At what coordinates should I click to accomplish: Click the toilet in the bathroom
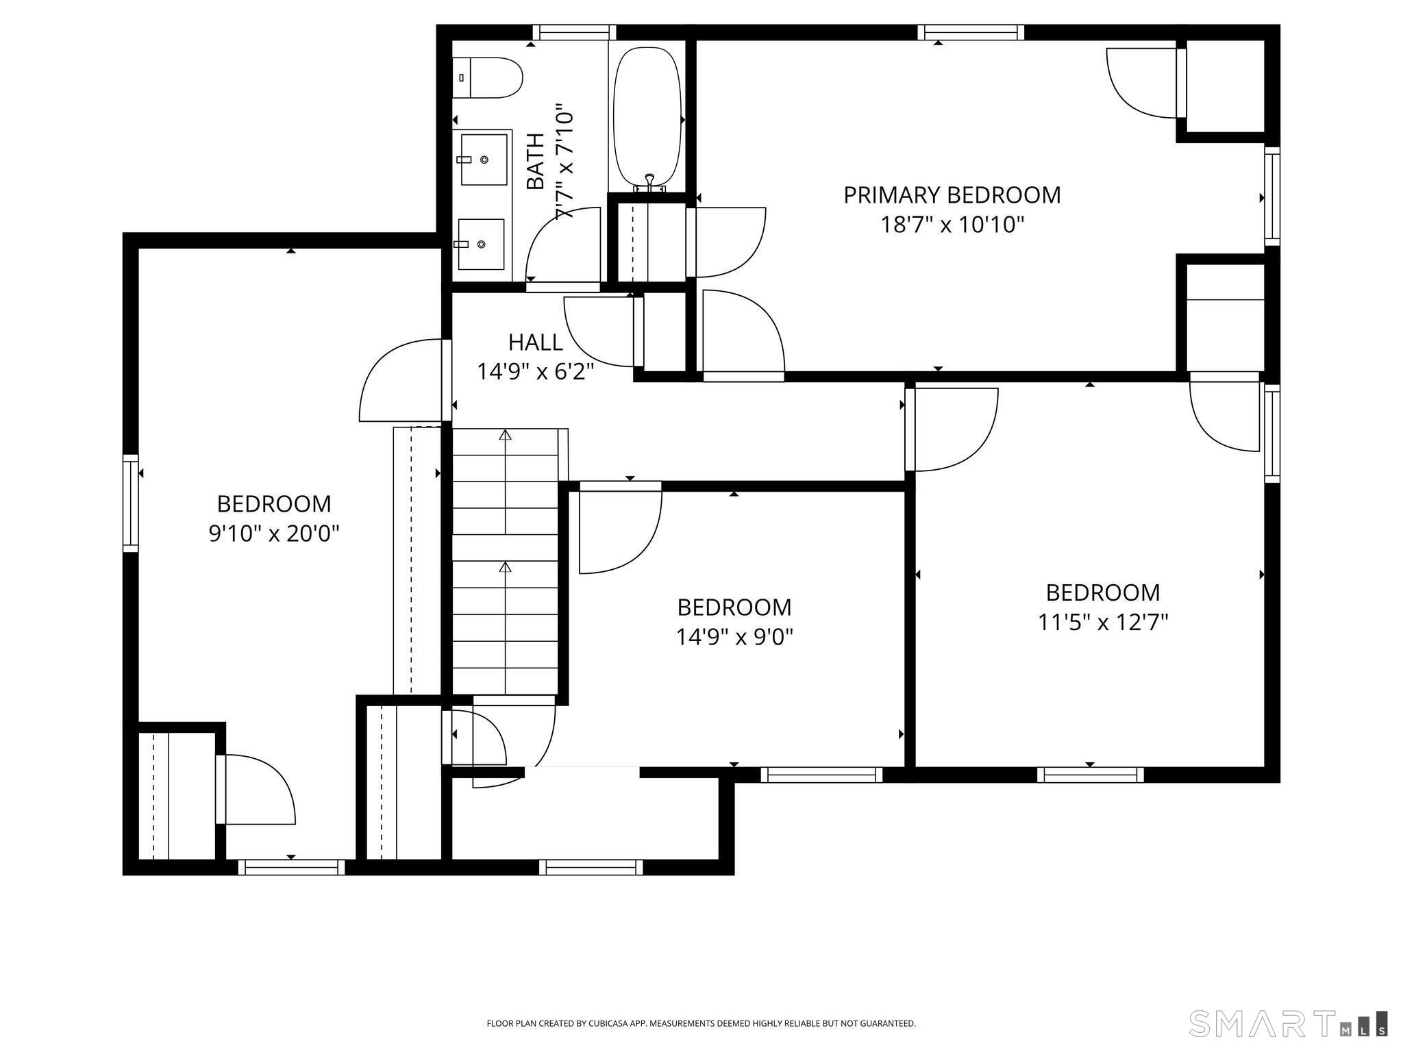488,77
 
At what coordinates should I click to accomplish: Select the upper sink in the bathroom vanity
484,160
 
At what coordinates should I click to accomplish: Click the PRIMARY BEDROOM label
952,195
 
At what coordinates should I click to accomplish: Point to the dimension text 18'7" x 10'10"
952,225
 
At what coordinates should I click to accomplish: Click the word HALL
535,342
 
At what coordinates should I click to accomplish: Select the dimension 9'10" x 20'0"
274,533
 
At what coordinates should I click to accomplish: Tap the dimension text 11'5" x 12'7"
1102,623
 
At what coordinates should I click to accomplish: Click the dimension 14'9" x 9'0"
734,638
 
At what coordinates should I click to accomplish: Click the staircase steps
506,562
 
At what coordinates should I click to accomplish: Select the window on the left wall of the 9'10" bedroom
130,503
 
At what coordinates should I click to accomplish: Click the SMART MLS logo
1288,1023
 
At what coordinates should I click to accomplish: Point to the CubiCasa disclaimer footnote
701,1023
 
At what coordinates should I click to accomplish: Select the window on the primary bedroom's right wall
1271,197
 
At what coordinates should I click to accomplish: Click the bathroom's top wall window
574,32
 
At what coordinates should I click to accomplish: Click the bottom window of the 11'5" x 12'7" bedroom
1090,775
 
